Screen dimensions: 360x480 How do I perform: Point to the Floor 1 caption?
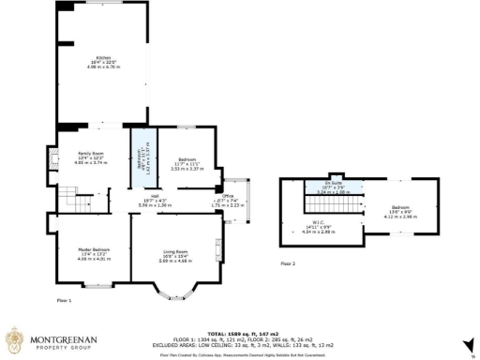(64, 300)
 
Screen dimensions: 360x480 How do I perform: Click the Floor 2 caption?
(288, 264)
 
